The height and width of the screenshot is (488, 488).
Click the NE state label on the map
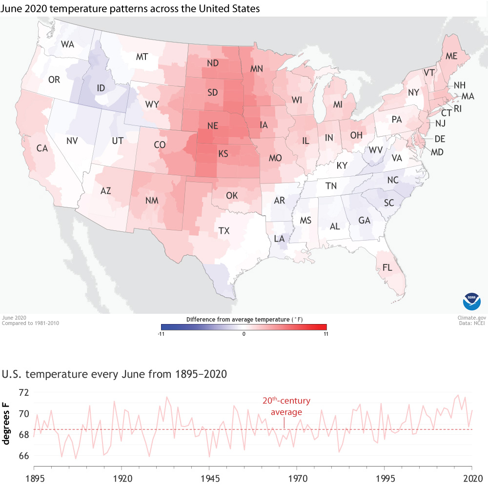click(212, 125)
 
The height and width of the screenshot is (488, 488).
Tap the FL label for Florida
click(387, 267)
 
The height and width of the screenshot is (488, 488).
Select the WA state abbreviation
click(67, 44)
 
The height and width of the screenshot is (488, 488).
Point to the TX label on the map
click(224, 231)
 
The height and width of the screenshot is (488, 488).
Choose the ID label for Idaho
click(102, 88)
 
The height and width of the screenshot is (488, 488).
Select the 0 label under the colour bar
click(244, 334)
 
